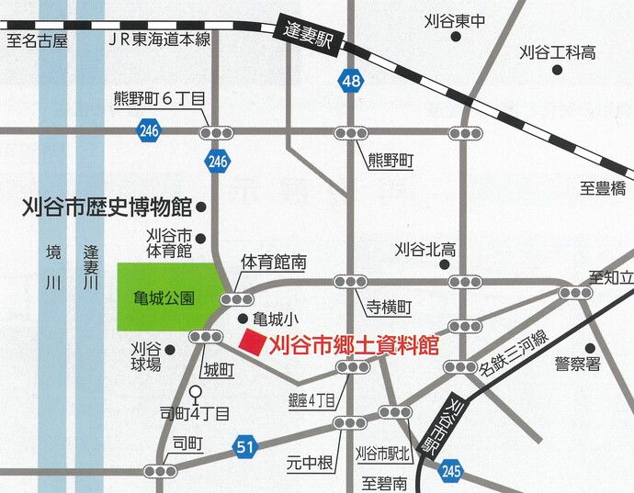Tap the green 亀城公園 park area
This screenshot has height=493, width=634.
169,297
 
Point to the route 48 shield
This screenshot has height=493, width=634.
349,83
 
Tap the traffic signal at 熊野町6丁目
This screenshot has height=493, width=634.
218,132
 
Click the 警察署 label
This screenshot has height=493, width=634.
579,364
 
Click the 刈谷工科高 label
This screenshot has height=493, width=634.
558,52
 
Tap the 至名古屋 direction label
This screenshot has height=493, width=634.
36,39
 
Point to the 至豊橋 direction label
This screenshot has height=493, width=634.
602,188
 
